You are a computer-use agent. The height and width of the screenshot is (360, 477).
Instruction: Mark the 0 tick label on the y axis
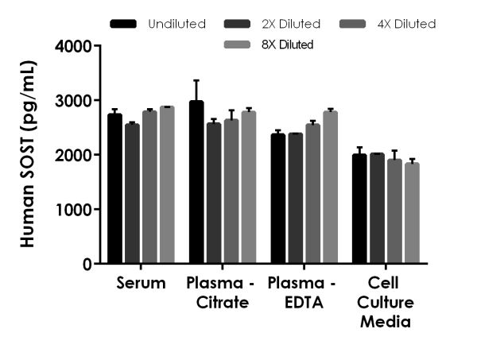click(x=87, y=264)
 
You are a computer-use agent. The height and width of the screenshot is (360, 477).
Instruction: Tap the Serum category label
click(x=141, y=283)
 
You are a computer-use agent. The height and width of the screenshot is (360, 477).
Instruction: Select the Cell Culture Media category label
click(x=385, y=302)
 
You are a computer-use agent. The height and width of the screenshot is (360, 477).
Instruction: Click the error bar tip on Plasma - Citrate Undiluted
click(x=196, y=80)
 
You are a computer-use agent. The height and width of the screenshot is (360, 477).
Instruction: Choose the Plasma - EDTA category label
click(x=302, y=292)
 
